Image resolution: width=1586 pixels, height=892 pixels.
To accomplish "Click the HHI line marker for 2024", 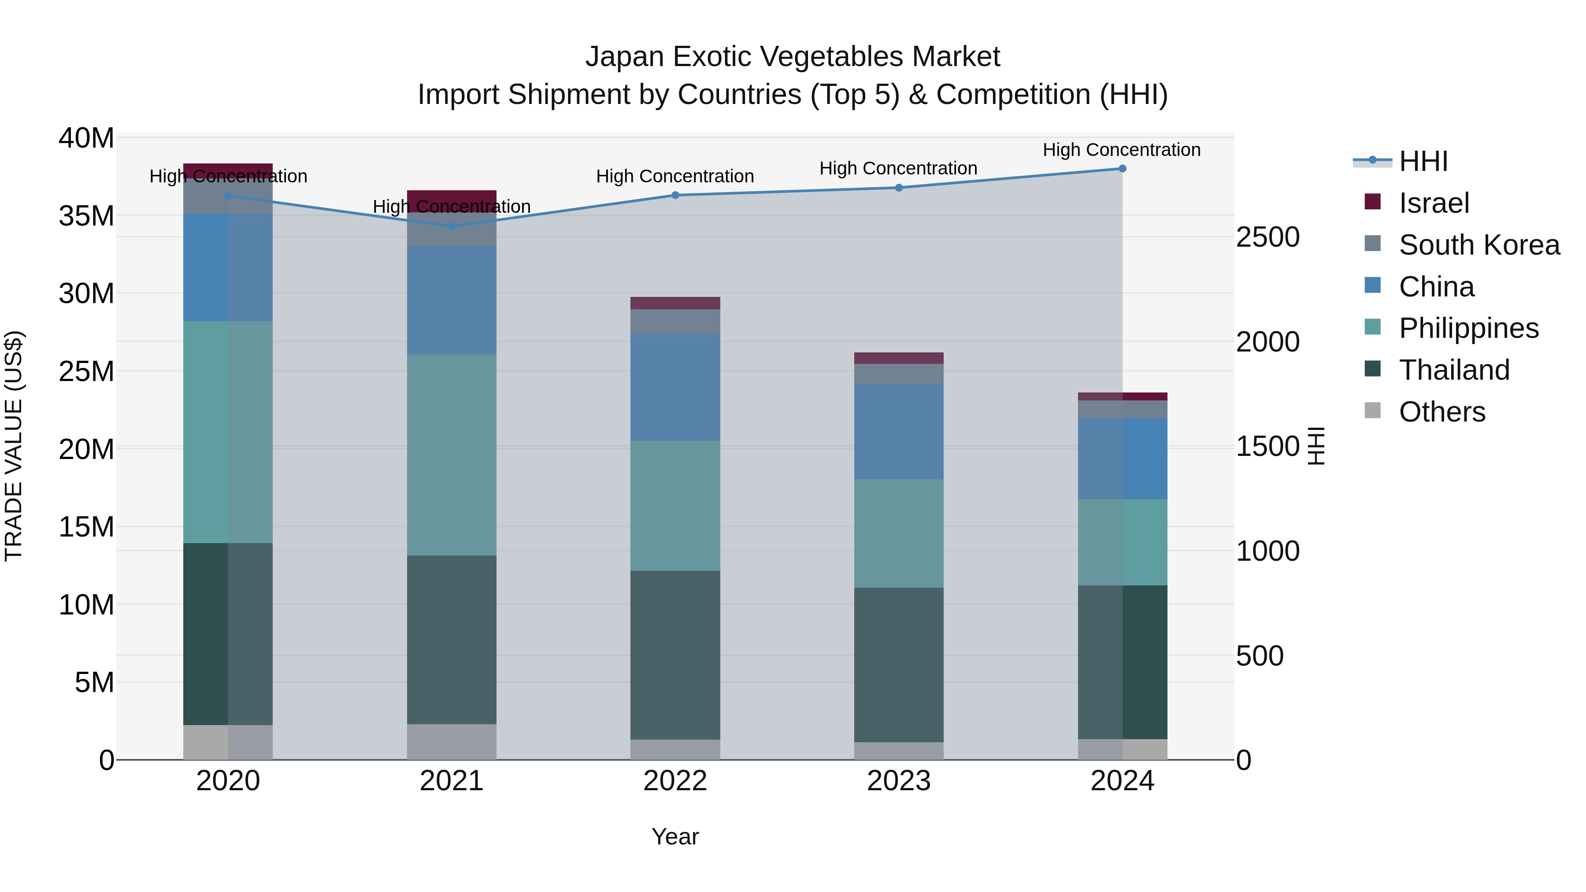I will coord(1122,169).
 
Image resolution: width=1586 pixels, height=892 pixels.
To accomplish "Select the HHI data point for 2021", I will coord(452,226).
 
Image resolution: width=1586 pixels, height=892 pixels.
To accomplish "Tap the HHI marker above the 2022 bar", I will coord(675,195).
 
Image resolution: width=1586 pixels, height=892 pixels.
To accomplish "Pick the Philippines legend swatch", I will coord(1372,327).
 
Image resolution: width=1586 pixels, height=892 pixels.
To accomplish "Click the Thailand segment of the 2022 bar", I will coord(675,655).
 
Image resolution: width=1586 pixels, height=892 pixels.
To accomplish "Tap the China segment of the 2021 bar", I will coord(452,300).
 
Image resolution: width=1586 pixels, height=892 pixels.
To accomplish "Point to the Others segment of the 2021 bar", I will coord(452,742).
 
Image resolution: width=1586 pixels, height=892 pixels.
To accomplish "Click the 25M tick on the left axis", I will coord(86,372).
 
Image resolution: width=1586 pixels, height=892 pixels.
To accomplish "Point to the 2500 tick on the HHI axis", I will coord(1267,237).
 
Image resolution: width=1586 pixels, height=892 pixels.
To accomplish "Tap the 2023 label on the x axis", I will coord(898,781).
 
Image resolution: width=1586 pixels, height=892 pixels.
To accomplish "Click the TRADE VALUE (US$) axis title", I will coord(14,446).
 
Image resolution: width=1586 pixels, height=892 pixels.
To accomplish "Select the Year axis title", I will coord(675,836).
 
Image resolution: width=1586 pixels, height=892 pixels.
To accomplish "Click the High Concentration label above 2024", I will coord(1121,150).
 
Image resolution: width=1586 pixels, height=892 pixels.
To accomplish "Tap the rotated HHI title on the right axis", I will coord(1315,446).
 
